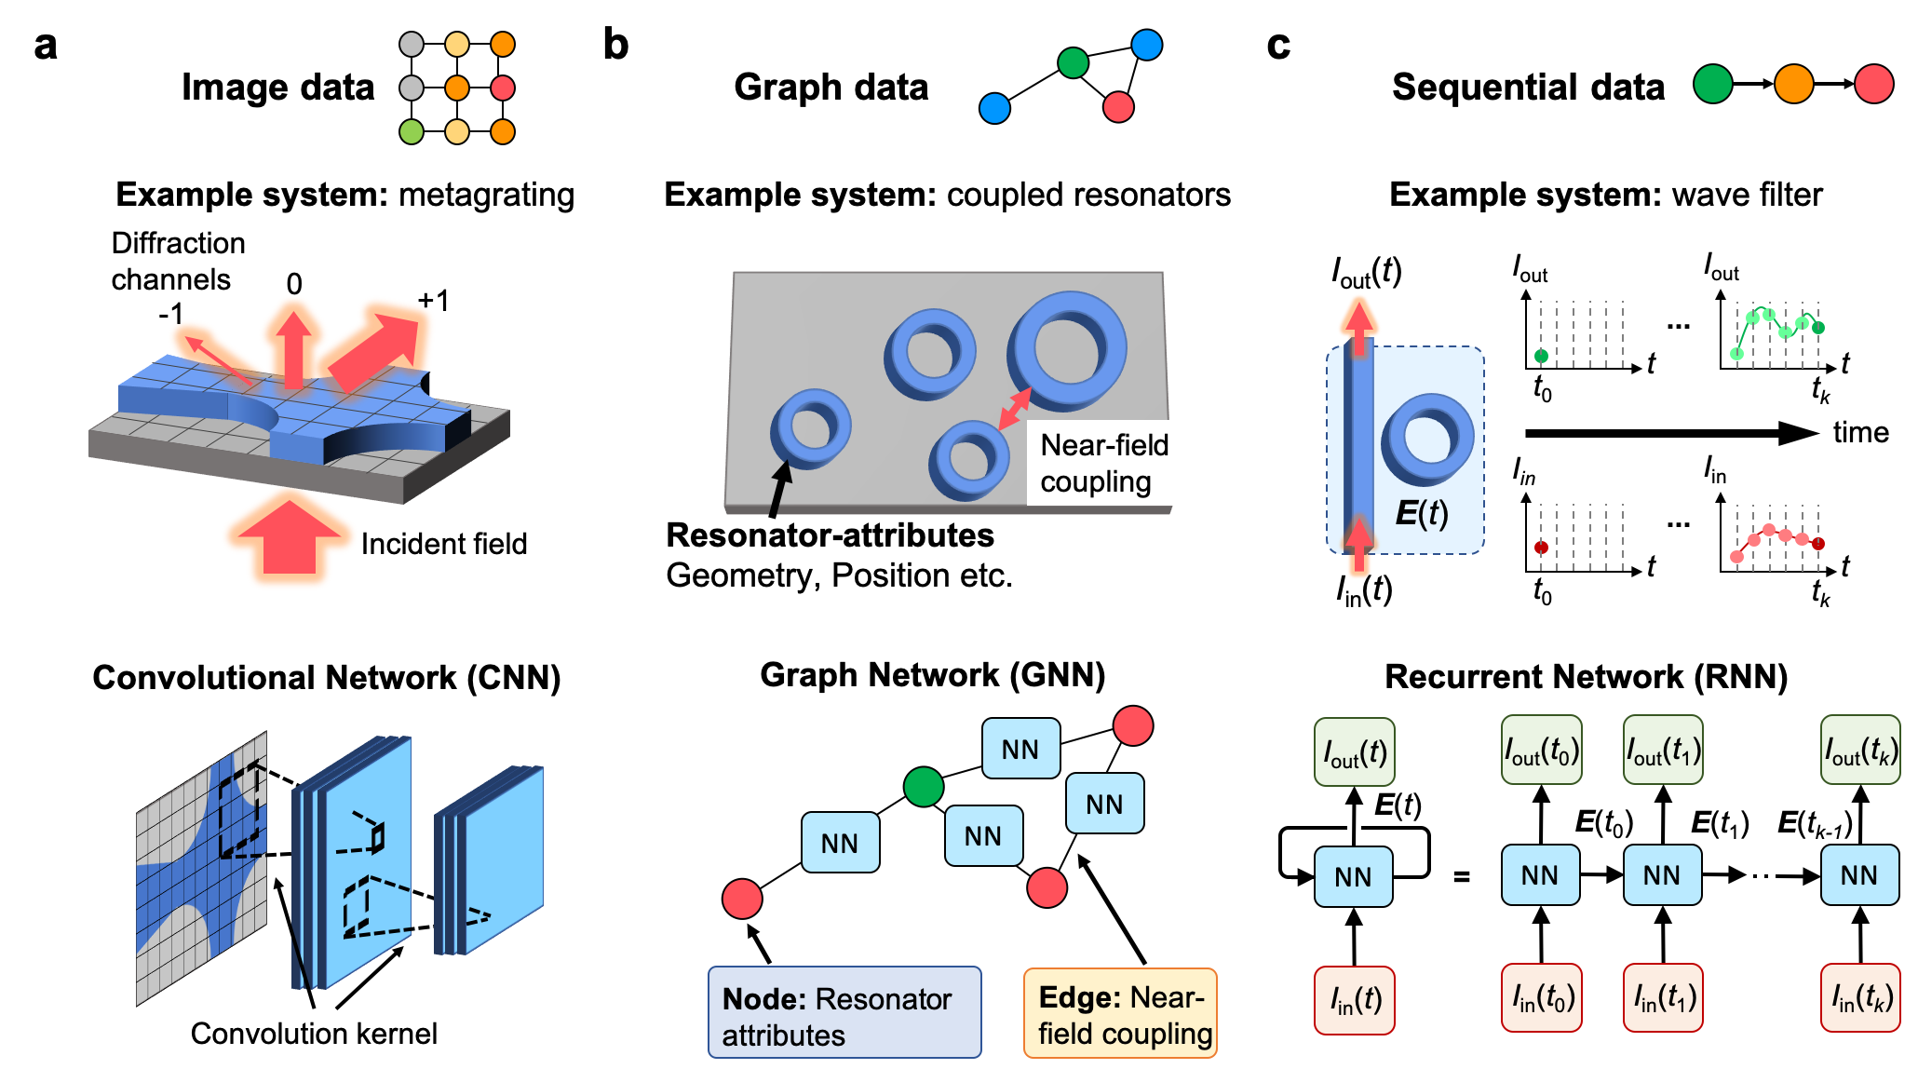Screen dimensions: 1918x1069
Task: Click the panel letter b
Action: [x=615, y=44]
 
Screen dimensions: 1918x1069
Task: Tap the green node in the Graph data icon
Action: [x=1073, y=62]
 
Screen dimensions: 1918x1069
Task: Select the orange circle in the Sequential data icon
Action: [x=1793, y=84]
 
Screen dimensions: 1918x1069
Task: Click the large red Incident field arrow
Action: [x=290, y=535]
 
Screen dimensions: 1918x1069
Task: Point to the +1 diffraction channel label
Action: [x=434, y=300]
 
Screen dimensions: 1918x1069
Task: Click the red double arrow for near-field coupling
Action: [x=1015, y=408]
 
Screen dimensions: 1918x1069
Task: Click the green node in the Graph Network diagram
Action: [x=924, y=787]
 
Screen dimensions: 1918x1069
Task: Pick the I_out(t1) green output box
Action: [x=1663, y=751]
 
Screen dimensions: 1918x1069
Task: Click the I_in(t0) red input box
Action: [x=1541, y=998]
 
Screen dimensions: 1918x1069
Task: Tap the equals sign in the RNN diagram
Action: [x=1462, y=876]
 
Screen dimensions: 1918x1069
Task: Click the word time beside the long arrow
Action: [x=1860, y=432]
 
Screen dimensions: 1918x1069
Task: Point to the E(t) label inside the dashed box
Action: [x=1422, y=512]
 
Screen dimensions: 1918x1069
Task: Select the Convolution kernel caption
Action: [x=314, y=1033]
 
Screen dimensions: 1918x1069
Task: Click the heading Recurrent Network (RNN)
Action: [x=1587, y=677]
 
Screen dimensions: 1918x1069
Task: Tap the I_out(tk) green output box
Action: [x=1860, y=751]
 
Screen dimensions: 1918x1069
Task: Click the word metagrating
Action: [x=487, y=195]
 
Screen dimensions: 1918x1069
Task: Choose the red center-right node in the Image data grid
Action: [x=503, y=88]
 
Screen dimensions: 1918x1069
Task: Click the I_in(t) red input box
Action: [x=1355, y=1000]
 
